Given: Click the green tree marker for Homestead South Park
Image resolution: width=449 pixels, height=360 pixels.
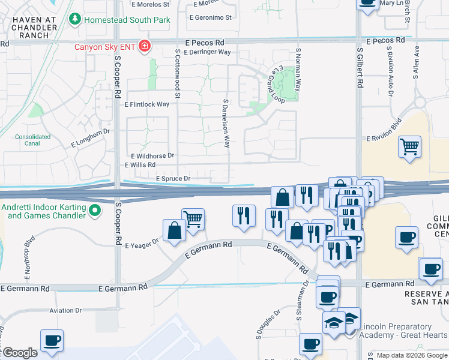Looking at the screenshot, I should pos(75,20).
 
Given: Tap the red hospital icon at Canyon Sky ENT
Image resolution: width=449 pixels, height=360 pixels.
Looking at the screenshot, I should pos(144,46).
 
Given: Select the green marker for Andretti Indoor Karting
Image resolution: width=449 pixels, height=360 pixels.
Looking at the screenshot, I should pos(94,211).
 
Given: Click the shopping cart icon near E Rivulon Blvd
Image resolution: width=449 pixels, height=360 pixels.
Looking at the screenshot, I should pos(409,146).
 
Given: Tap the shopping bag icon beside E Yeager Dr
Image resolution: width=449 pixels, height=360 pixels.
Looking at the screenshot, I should pos(174,231).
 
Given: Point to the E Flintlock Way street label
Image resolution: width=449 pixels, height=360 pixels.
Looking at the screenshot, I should pos(147,104).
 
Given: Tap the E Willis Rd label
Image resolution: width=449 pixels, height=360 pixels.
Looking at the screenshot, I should pos(140,164).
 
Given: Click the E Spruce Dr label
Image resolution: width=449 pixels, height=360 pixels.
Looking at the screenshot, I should pos(173,179).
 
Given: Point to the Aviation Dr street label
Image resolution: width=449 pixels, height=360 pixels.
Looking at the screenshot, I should pos(65,310).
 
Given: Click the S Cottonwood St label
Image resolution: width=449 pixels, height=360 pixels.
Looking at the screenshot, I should pos(178,73).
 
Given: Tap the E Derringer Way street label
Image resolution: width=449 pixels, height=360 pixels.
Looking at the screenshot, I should pos(208,52).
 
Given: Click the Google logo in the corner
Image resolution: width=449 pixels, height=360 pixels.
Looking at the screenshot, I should pos(19,353).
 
